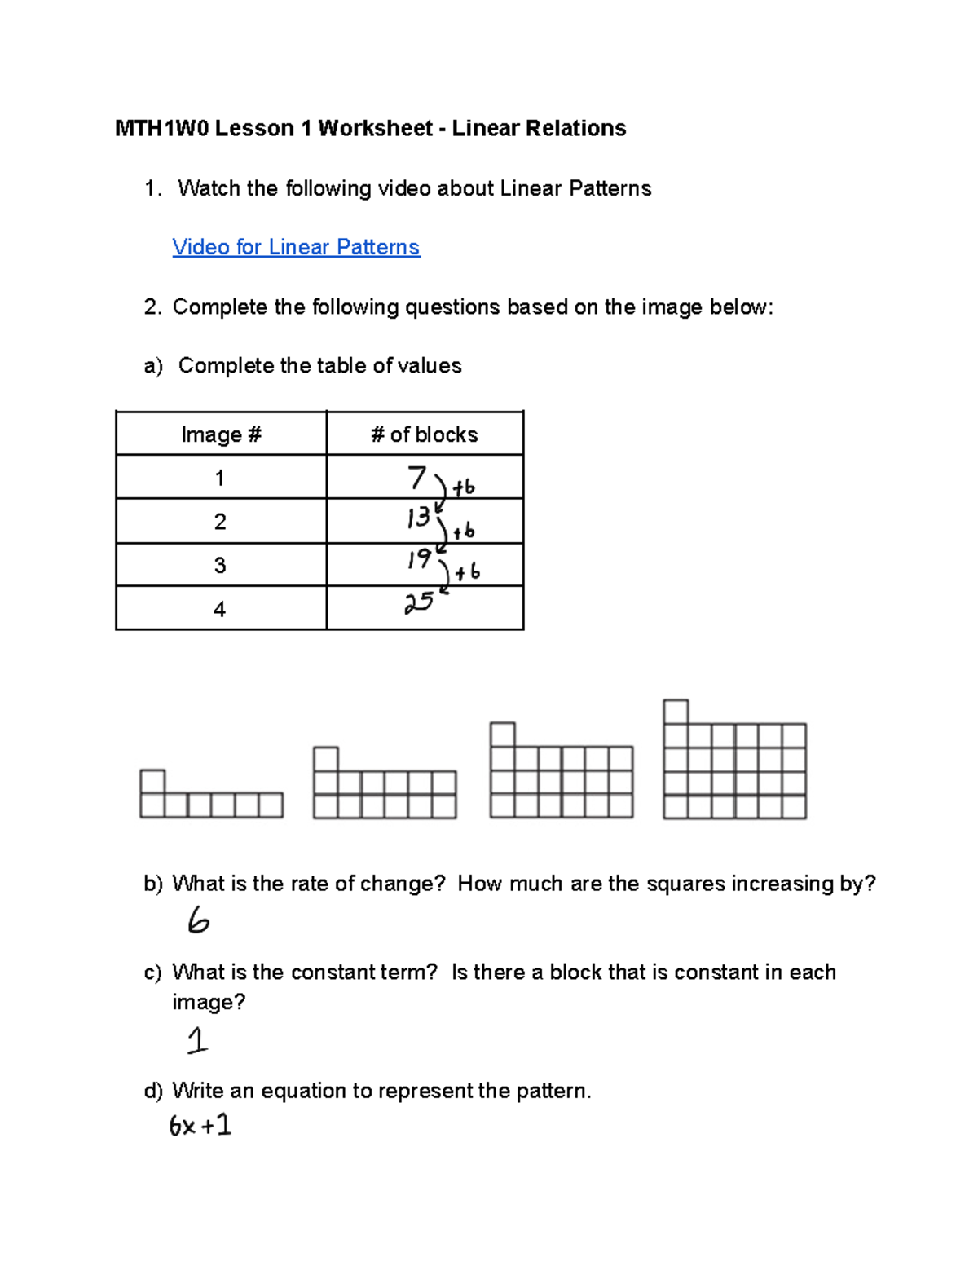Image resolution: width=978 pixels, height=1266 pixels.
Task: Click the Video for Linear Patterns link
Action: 296,247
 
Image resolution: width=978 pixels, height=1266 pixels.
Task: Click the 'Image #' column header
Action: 221,434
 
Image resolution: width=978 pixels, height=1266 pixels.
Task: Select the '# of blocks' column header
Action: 424,434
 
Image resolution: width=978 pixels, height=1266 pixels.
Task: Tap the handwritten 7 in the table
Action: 417,477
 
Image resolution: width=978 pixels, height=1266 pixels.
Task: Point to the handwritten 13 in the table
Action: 418,518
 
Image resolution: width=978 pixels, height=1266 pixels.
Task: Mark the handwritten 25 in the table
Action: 419,603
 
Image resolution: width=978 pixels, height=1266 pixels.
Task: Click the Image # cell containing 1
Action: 220,478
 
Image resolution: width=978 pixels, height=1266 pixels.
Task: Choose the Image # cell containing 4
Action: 219,609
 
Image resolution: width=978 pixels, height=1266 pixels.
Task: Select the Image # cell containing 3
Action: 220,566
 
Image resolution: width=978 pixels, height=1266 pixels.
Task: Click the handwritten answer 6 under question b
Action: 198,921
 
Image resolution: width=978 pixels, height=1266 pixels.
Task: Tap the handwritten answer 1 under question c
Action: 197,1041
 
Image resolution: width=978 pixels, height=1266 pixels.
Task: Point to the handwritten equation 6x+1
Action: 200,1126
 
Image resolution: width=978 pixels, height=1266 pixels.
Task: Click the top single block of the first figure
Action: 152,782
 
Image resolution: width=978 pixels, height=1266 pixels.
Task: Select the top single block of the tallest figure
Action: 676,712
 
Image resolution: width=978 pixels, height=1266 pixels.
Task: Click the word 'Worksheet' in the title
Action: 375,128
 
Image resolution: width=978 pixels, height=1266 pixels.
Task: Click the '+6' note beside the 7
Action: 464,487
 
